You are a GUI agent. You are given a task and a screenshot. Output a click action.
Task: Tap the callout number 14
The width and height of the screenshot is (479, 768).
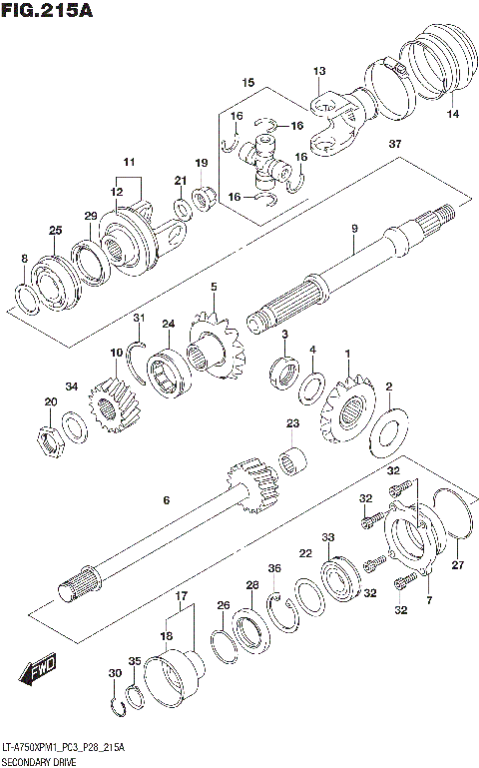(x=454, y=115)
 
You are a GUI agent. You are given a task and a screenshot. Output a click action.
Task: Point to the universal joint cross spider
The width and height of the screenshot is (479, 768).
(x=264, y=154)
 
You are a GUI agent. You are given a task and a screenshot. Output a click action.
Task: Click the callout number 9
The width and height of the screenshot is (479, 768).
(x=353, y=231)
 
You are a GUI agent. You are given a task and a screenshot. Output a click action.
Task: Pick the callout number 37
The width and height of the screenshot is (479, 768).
(x=395, y=145)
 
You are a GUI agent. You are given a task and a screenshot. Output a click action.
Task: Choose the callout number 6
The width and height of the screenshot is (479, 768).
(x=167, y=501)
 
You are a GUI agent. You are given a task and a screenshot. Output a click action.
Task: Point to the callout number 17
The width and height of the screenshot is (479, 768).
(x=181, y=597)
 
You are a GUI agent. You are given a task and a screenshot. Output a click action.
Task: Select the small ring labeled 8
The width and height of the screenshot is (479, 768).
(x=27, y=297)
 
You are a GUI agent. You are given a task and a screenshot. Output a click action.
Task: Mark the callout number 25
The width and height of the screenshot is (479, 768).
(x=55, y=231)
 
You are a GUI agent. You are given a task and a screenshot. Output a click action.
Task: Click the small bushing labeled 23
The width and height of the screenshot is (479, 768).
(x=293, y=462)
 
